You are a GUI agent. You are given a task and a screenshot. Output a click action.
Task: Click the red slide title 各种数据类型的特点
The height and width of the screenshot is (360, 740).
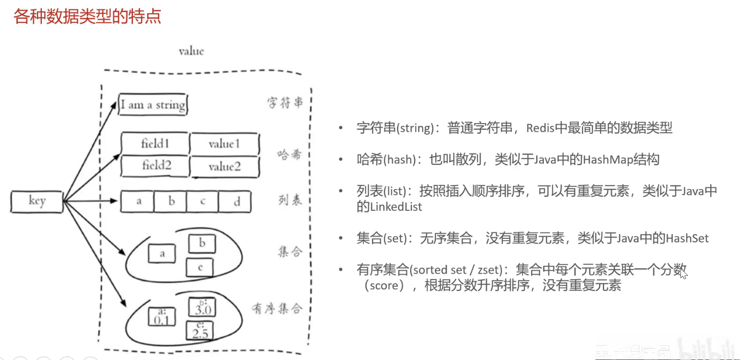[87, 16]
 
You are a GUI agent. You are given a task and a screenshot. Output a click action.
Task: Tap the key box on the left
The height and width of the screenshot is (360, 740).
[37, 202]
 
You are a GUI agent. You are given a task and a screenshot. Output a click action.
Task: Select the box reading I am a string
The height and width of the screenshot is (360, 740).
[153, 105]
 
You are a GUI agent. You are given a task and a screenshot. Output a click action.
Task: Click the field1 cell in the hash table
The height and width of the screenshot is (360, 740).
[155, 144]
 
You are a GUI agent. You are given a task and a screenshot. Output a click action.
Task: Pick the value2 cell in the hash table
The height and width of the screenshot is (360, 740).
[225, 167]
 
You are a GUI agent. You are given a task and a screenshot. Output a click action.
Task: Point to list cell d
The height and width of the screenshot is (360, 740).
[237, 202]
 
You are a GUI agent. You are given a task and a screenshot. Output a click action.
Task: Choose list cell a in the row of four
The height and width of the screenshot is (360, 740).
[138, 202]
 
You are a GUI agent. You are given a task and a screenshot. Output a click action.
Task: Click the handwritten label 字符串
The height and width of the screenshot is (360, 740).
[284, 102]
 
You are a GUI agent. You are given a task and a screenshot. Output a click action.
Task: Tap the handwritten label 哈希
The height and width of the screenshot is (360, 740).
[289, 155]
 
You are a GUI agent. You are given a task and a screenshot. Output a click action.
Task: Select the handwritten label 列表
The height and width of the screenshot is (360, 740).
[290, 200]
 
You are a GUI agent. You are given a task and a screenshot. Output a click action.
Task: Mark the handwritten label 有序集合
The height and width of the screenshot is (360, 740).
[277, 308]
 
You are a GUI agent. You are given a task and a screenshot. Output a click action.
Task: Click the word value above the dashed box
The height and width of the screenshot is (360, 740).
[191, 51]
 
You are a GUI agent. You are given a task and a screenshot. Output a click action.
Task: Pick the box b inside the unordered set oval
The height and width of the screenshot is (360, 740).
[202, 243]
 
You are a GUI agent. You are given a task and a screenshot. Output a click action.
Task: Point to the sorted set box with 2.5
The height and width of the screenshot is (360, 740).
[200, 330]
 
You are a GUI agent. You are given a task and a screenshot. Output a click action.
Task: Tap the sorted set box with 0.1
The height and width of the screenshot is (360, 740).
[162, 317]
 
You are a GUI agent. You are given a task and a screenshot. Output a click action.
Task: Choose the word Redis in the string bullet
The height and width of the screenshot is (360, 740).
[540, 128]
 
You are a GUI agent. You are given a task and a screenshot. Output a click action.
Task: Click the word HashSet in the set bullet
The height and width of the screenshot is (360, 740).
[687, 239]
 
